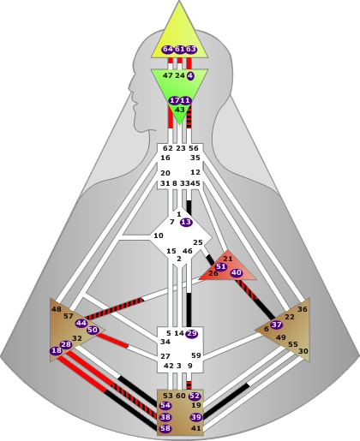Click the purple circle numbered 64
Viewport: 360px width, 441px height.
168,50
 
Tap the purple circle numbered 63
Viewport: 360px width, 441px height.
191,50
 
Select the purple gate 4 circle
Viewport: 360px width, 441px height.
190,76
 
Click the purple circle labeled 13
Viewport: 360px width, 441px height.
186,222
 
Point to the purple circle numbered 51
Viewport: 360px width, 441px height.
220,266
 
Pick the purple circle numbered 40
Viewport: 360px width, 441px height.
237,273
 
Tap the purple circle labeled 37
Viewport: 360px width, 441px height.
276,325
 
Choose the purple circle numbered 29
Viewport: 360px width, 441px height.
192,334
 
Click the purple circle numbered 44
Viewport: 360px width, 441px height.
81,323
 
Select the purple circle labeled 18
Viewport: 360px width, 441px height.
57,350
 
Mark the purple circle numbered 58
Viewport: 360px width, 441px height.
165,428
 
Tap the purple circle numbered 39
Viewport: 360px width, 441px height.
196,417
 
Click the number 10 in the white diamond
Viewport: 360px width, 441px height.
159,235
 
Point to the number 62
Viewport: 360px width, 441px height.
168,148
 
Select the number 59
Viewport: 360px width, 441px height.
196,355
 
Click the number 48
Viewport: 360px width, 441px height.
57,309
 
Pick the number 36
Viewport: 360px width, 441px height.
303,309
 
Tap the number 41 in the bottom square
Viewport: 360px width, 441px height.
196,428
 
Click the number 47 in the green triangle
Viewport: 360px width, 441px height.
168,75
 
